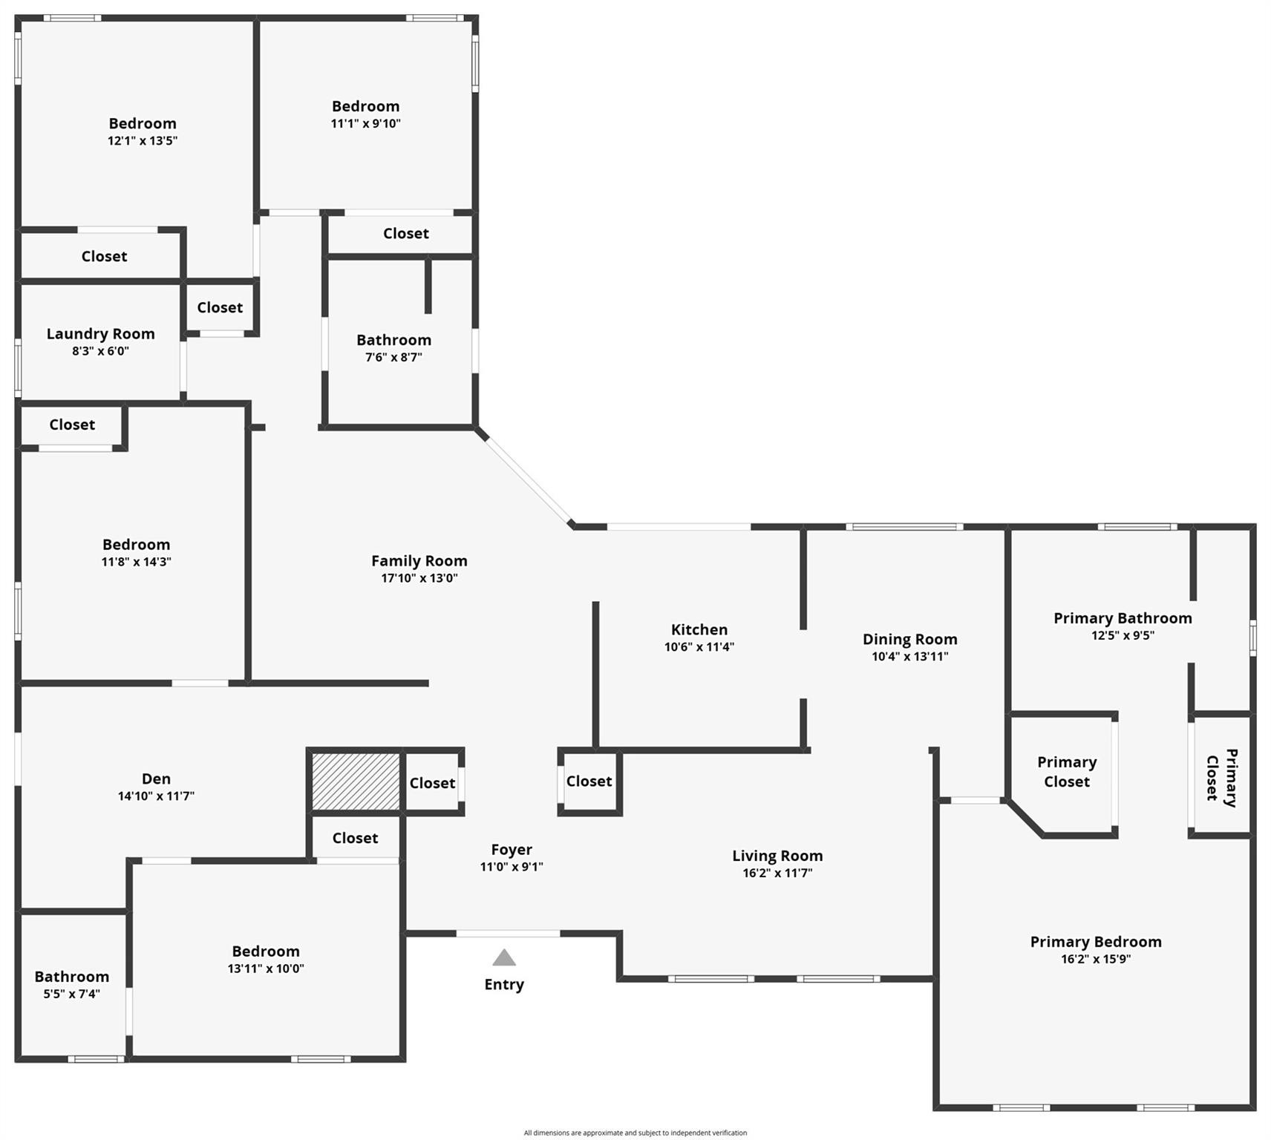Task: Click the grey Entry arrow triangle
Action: point(504,958)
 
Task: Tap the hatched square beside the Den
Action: point(356,782)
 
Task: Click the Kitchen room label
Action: point(699,629)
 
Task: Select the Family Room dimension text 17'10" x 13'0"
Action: point(419,578)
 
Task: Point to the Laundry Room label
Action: point(101,333)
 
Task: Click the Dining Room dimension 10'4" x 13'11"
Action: point(909,656)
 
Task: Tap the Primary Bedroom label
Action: point(1096,941)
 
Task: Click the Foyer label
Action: point(512,849)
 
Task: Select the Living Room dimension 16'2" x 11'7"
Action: point(777,873)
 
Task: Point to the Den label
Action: point(156,778)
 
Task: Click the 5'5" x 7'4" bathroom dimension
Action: point(71,994)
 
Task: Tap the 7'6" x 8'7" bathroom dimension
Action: point(393,357)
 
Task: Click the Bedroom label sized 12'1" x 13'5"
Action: point(143,123)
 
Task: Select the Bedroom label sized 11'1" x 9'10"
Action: point(365,106)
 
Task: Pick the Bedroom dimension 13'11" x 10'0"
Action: point(266,969)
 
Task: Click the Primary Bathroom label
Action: point(1123,617)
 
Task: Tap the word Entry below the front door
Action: point(504,984)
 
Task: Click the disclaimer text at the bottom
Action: point(635,1133)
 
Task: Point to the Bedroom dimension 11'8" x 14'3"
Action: point(136,562)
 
